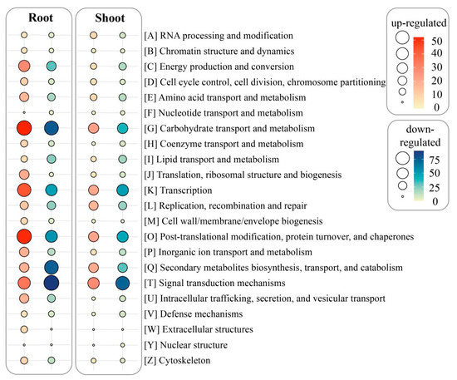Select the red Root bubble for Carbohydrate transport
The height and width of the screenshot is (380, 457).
(x=24, y=128)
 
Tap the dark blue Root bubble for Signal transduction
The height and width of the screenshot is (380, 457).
(x=52, y=284)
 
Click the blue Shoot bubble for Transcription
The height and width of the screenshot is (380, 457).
(x=122, y=190)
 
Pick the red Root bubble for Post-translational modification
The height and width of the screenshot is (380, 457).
(x=24, y=237)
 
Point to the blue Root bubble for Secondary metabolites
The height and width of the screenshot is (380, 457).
(x=52, y=268)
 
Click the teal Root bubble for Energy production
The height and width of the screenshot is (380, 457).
(x=52, y=67)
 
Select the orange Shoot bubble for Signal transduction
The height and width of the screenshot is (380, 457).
(x=94, y=284)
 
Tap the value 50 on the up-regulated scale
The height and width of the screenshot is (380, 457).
(x=440, y=40)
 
